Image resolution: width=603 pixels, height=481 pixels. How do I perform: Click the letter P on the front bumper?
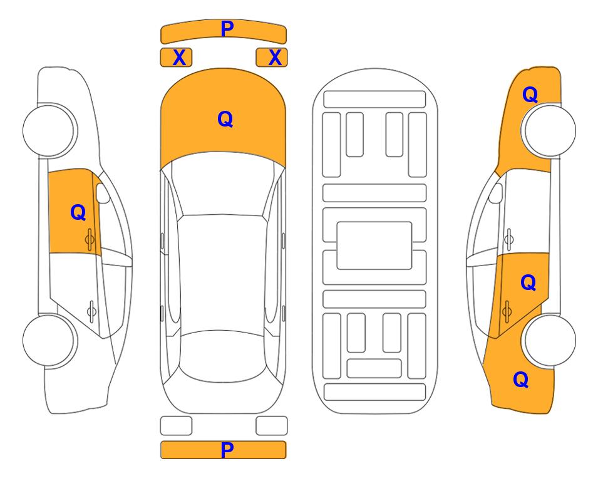click(227, 29)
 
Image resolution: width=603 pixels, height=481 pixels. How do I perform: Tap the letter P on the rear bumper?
click(227, 450)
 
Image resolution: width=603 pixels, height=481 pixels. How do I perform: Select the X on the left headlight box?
click(179, 58)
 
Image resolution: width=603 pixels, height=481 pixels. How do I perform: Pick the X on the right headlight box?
click(275, 58)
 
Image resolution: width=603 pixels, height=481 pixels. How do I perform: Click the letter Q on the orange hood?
click(225, 119)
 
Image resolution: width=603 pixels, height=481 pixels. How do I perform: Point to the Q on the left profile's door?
click(78, 212)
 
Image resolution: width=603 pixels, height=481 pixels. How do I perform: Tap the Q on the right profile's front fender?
click(530, 95)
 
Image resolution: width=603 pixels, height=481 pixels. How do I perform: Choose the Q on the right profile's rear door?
click(528, 282)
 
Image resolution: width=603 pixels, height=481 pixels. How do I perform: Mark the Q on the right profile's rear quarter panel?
click(521, 380)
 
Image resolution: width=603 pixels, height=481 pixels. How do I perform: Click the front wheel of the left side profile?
click(50, 130)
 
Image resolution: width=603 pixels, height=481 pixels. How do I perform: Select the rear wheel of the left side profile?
click(50, 340)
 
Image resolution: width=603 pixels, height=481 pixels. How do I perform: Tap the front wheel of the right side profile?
click(549, 130)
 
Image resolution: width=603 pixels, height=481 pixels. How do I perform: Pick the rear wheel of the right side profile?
click(549, 340)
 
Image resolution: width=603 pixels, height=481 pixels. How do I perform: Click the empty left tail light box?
click(176, 426)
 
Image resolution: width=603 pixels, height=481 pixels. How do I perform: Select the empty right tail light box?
click(272, 426)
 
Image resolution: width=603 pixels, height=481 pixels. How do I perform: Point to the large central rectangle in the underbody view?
click(374, 246)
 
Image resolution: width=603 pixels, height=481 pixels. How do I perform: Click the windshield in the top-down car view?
click(223, 185)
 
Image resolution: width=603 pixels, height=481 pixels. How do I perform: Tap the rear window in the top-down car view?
click(223, 356)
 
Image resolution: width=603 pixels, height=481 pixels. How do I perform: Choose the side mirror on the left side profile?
click(102, 194)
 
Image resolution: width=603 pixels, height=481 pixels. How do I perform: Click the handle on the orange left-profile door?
click(90, 239)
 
